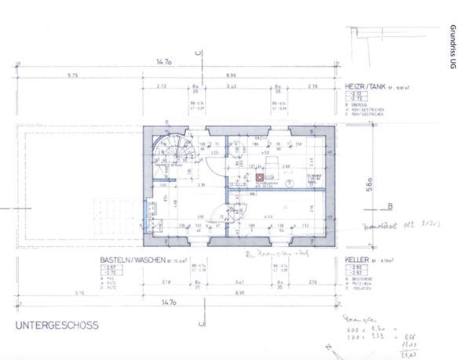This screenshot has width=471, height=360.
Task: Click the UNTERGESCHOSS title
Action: pyautogui.click(x=56, y=325)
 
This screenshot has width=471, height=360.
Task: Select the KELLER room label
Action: pyautogui.click(x=359, y=259)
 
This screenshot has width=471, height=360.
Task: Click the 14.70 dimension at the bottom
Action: pyautogui.click(x=164, y=301)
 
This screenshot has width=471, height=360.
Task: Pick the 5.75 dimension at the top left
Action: pyautogui.click(x=72, y=75)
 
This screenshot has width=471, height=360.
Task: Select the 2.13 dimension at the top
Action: pyautogui.click(x=162, y=85)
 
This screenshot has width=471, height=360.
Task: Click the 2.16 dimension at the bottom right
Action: pyautogui.click(x=312, y=281)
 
